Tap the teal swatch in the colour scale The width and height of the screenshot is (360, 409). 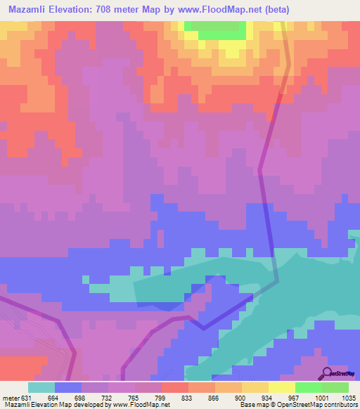point(41,387)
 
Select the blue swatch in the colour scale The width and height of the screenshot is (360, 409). point(68,387)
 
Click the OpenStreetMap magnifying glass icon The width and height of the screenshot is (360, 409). point(327,372)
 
